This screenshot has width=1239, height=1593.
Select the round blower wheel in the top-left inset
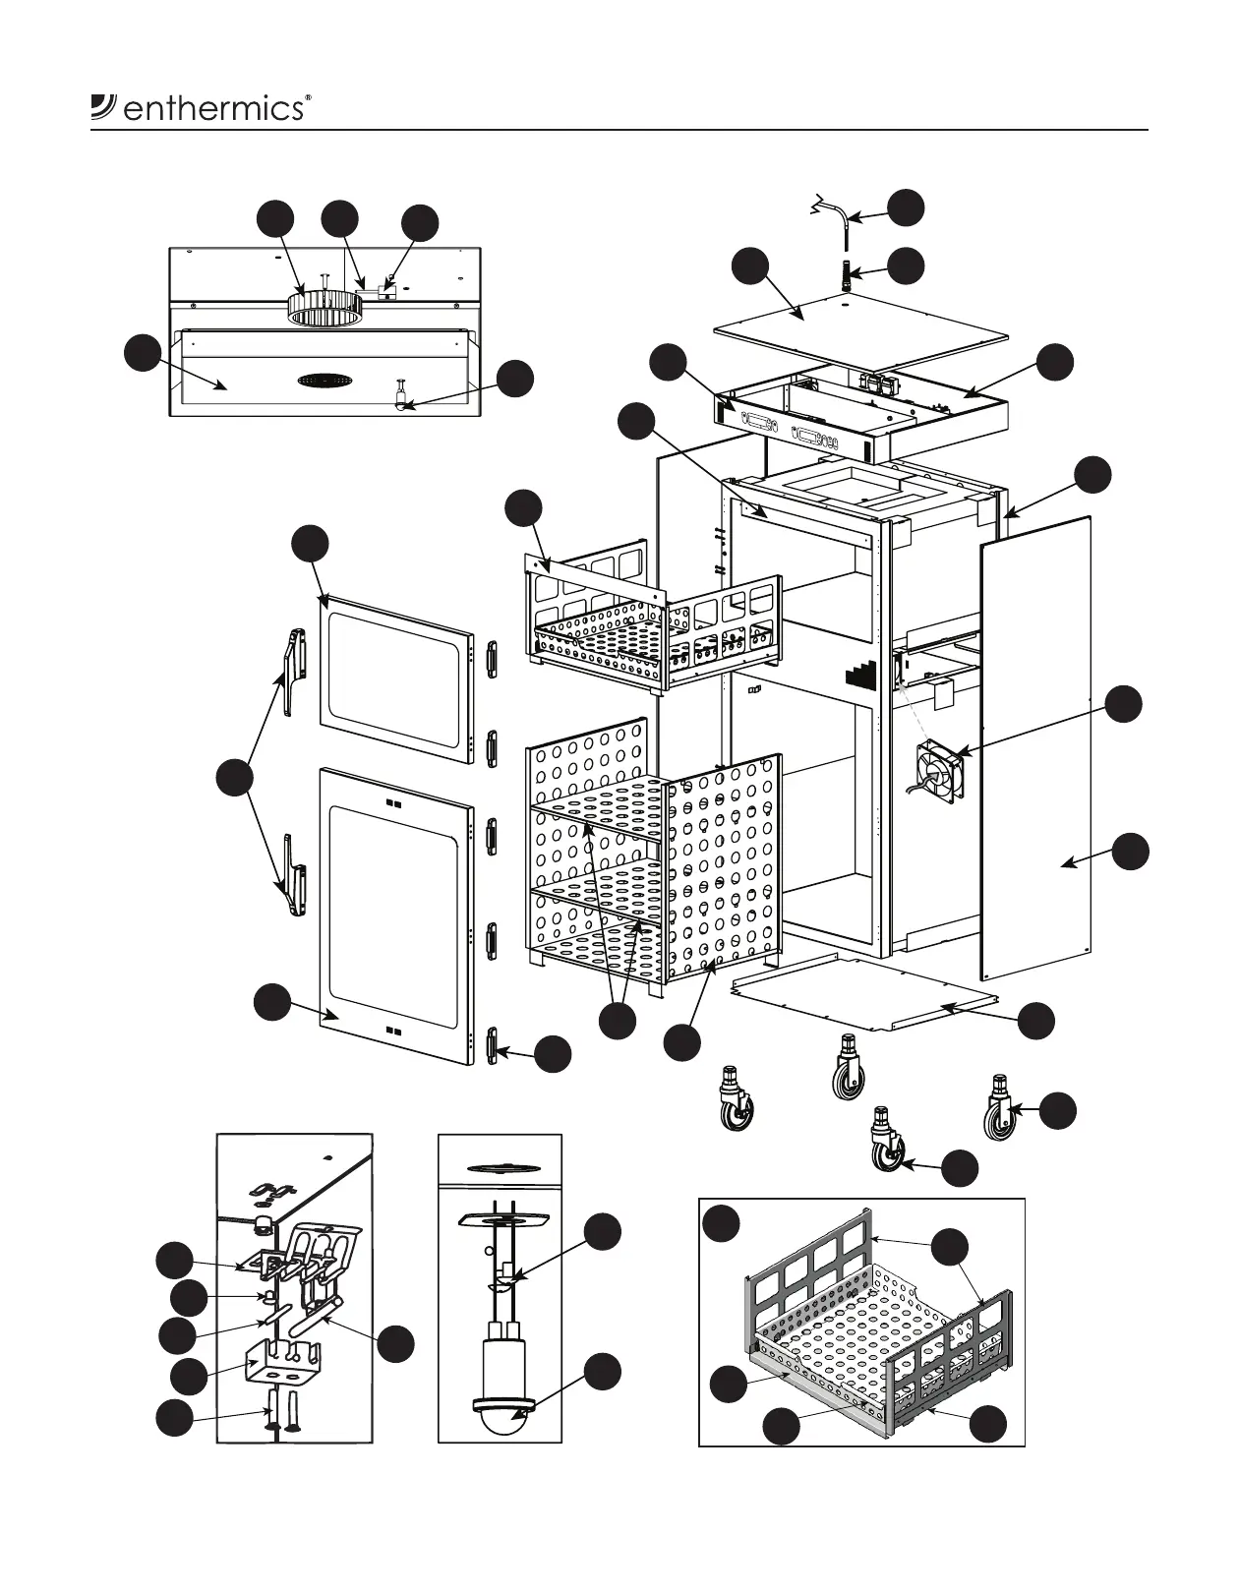324,306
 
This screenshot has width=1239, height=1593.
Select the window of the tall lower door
393,915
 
